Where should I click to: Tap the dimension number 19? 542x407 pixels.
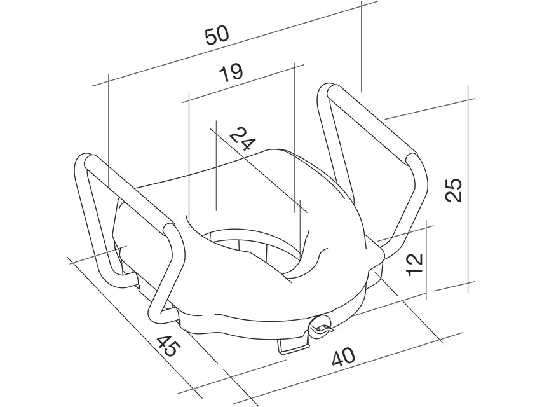point(231,72)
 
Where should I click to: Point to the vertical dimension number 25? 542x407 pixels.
point(452,189)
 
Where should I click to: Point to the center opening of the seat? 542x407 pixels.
point(254,248)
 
